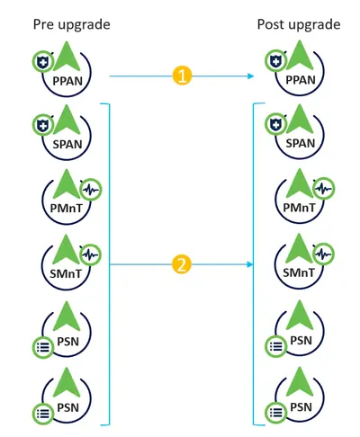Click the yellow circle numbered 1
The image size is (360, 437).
click(x=182, y=76)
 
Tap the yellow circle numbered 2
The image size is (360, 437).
click(x=182, y=264)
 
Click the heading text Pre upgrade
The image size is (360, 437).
click(x=71, y=25)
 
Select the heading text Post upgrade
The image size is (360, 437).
click(x=299, y=25)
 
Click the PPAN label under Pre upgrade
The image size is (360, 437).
click(x=67, y=81)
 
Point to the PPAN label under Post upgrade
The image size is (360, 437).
click(x=301, y=80)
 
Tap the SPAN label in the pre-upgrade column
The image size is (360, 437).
click(x=67, y=145)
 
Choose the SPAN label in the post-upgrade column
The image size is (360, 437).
click(x=301, y=143)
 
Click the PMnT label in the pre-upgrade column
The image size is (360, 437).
click(x=67, y=209)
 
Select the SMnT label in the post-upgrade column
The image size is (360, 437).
click(x=299, y=272)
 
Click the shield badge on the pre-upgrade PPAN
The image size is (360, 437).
click(x=43, y=62)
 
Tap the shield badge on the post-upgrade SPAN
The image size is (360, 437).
click(x=275, y=125)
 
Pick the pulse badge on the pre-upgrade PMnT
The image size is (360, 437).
click(x=91, y=190)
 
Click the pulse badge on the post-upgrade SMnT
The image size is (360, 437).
click(x=324, y=254)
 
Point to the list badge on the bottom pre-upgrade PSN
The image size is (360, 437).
click(x=43, y=414)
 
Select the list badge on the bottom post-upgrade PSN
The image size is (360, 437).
click(x=276, y=413)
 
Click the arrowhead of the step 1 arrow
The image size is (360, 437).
click(x=251, y=76)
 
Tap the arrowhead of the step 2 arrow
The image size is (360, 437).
click(x=250, y=264)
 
